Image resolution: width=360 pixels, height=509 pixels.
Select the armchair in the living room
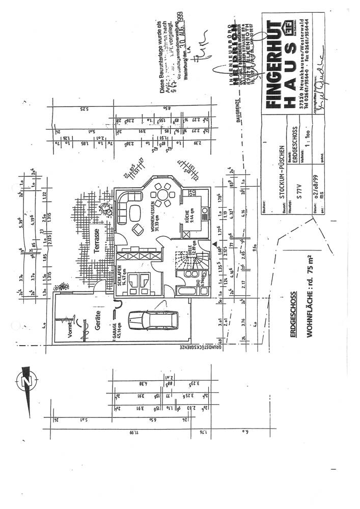click(137, 227)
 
